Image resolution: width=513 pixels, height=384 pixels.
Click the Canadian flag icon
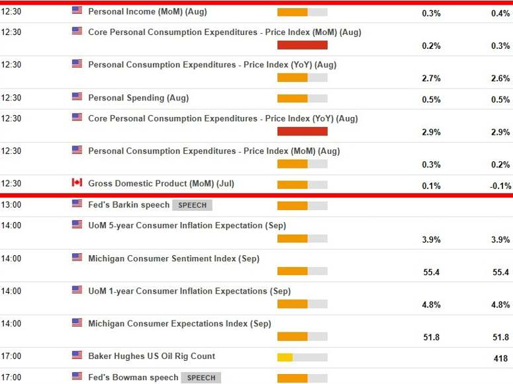click(x=77, y=183)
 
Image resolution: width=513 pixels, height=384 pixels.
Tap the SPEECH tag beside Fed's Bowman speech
click(x=201, y=377)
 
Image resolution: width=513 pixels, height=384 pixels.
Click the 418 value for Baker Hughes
click(x=502, y=359)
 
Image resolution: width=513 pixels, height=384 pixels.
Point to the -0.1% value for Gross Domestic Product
click(x=500, y=186)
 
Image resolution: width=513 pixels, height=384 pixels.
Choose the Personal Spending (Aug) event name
click(x=138, y=98)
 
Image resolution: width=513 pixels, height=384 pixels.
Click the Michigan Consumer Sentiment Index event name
click(x=173, y=258)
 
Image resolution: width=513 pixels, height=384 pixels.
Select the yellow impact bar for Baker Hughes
click(x=285, y=358)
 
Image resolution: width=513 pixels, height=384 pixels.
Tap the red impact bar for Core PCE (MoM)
click(x=302, y=45)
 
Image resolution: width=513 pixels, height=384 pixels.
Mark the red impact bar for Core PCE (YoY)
click(x=302, y=131)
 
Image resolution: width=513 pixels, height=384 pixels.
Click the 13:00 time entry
click(x=11, y=205)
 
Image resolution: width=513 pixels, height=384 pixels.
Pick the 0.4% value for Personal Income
click(x=500, y=13)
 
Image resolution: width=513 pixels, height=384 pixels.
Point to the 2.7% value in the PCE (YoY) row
click(x=431, y=78)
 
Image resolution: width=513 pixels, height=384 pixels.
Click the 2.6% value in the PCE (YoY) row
click(x=500, y=78)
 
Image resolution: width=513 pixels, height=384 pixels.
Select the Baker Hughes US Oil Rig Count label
click(x=152, y=356)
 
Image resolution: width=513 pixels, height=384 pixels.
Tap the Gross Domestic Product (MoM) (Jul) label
click(x=161, y=183)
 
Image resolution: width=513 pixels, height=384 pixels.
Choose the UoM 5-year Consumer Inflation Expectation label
click(x=187, y=225)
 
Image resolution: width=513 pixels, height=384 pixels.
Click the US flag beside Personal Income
click(x=77, y=11)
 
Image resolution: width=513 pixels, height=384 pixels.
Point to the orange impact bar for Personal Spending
click(x=292, y=98)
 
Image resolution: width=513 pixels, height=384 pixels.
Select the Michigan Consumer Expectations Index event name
click(x=179, y=324)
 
